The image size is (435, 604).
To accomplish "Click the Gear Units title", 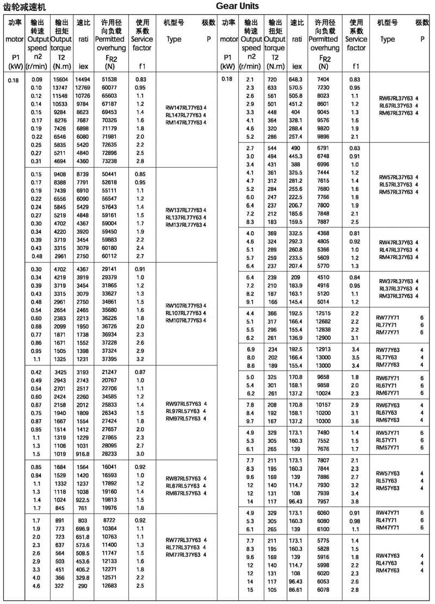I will point(237,7).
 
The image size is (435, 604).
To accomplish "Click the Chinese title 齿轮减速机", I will point(25,7).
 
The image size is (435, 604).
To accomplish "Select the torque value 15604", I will point(60,79).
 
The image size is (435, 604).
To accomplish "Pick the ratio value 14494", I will point(83,79).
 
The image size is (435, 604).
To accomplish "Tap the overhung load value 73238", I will point(109,161).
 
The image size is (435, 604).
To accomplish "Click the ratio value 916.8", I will point(83,454).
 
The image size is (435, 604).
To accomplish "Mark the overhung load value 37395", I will point(109,359).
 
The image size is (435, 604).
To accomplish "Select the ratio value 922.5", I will point(83,500).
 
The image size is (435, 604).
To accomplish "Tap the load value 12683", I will point(109,585).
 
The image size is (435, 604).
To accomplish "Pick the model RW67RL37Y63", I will point(395,98).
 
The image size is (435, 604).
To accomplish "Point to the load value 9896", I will point(324,137).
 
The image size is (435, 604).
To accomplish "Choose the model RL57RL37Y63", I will point(395,184).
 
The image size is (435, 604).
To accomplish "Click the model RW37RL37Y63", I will point(395,281).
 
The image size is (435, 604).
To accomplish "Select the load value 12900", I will point(324,338).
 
